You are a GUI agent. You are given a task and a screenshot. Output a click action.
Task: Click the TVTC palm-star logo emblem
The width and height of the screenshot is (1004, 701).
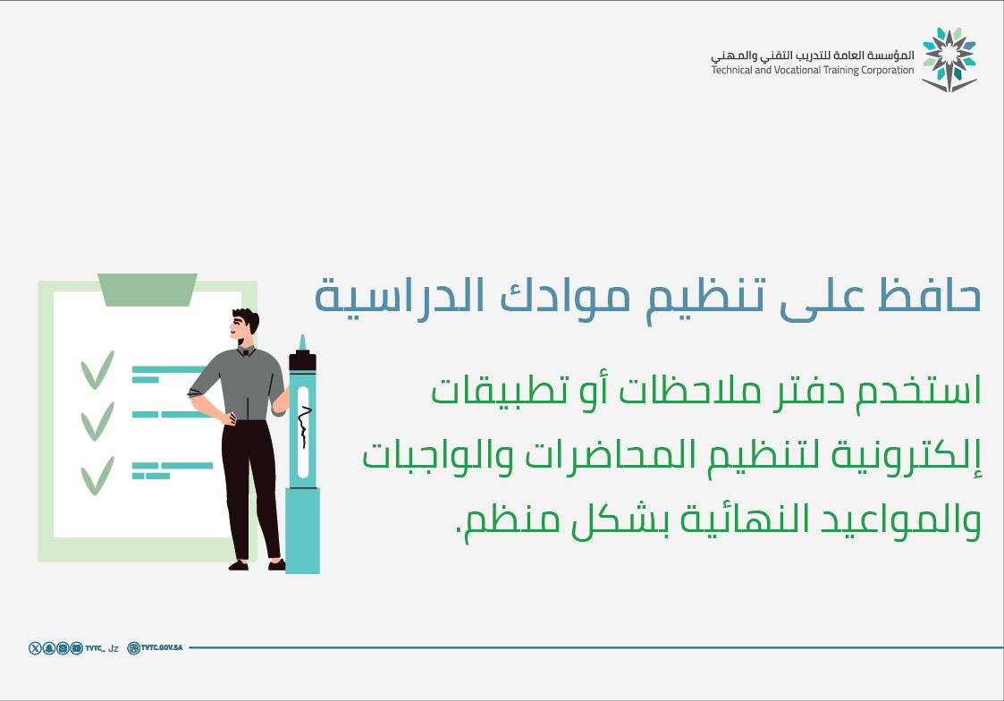click(949, 59)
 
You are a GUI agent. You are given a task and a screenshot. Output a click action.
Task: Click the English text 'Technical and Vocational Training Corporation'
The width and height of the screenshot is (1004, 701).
click(813, 70)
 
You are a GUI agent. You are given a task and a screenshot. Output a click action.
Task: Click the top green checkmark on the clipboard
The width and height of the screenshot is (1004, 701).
click(97, 369)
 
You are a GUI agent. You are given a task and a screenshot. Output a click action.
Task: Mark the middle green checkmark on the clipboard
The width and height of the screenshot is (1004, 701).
click(97, 420)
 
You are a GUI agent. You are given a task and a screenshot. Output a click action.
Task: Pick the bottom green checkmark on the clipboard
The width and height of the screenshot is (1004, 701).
click(97, 475)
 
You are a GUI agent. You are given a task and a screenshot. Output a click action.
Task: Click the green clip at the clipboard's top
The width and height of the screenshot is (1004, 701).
click(148, 289)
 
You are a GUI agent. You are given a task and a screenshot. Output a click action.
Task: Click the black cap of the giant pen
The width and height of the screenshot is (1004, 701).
click(302, 361)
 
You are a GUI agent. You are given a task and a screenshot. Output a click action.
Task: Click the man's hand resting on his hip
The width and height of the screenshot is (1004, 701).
click(232, 417)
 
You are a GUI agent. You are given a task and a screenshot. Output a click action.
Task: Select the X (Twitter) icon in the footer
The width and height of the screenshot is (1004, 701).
click(35, 648)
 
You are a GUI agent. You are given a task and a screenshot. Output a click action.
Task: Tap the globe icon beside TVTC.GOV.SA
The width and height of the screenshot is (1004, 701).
click(134, 648)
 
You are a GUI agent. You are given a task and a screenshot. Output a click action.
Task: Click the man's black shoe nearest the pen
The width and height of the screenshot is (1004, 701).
click(277, 564)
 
